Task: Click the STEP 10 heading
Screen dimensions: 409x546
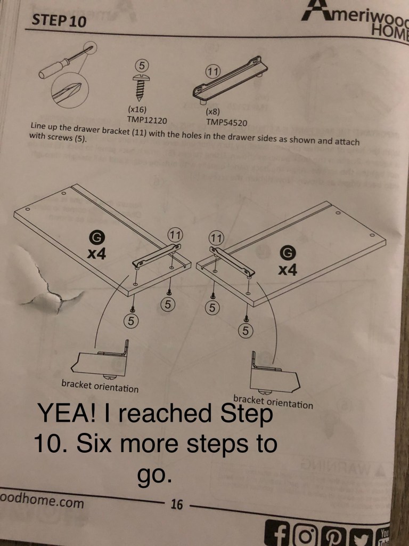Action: tap(59, 21)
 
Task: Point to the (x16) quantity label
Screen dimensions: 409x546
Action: tap(137, 109)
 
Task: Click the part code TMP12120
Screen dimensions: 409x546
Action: tap(147, 121)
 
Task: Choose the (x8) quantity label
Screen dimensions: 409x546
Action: tap(212, 112)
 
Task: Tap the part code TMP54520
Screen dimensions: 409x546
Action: tap(226, 123)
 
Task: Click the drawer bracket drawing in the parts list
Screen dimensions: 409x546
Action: tap(230, 81)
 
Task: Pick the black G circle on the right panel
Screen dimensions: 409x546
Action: tap(288, 253)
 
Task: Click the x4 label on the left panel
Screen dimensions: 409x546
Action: tap(96, 254)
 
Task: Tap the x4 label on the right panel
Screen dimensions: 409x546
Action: tap(288, 269)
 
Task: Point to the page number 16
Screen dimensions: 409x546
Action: tap(176, 504)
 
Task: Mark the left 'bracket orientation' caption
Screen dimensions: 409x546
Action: tap(100, 386)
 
